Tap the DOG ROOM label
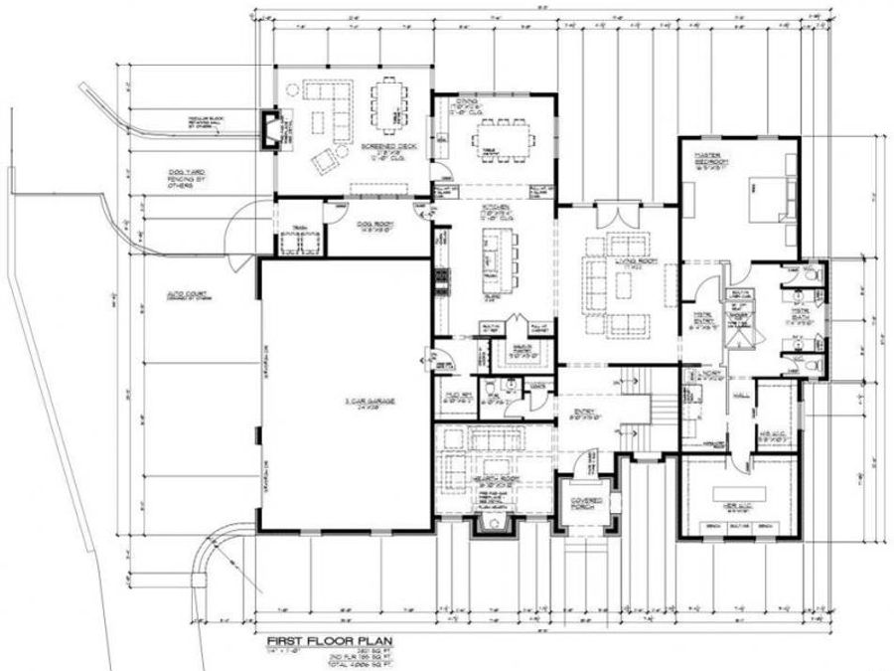(x=376, y=224)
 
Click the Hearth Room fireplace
(x=489, y=522)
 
